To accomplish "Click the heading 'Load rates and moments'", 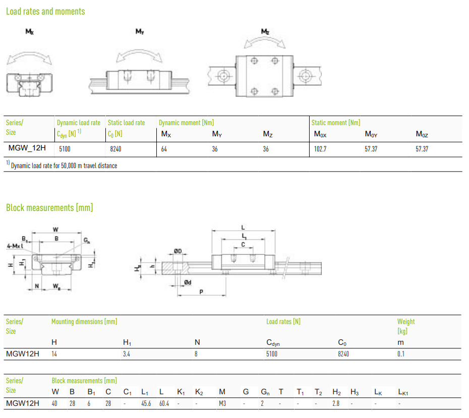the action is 45,12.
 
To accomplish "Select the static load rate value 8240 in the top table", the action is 115,149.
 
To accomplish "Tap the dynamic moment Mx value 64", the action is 164,149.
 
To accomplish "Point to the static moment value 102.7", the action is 320,149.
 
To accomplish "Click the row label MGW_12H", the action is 27,148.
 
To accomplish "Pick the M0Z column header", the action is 422,134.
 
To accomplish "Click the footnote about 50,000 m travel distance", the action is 62,165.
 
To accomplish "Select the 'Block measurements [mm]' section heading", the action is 49,207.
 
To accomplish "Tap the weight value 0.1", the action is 401,354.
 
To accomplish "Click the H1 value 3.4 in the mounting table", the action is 127,354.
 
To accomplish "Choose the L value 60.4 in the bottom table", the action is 164,403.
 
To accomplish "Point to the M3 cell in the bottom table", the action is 222,403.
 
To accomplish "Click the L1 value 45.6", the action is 146,403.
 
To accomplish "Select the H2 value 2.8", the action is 336,403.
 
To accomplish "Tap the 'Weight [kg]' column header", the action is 406,326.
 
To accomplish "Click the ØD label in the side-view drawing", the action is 178,251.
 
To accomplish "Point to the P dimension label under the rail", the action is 201,292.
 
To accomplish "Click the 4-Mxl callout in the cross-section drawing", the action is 15,246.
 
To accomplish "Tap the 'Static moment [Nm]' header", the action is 335,123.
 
